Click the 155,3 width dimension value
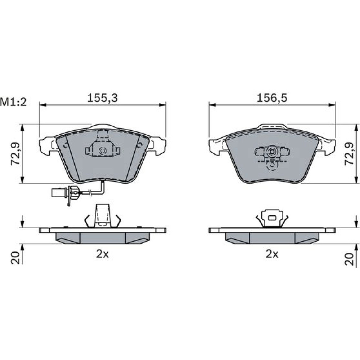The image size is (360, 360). (102, 98)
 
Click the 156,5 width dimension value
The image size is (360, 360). (272, 98)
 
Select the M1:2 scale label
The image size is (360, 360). (13, 102)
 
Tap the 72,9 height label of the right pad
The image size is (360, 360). (349, 154)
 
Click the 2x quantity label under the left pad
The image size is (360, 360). (102, 254)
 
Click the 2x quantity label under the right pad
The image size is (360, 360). (272, 254)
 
